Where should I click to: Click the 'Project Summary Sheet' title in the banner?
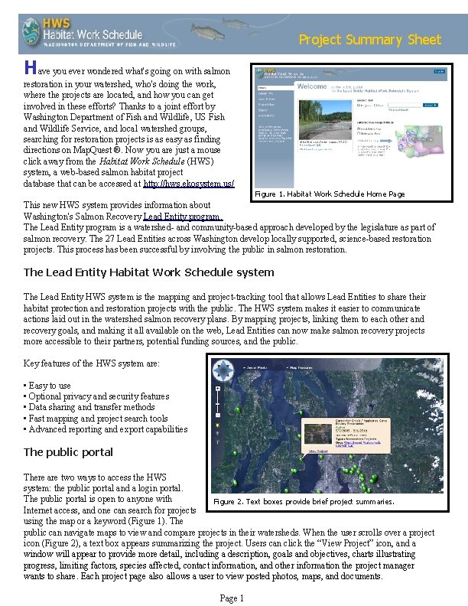(x=369, y=40)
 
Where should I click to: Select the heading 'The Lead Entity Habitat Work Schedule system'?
(x=148, y=272)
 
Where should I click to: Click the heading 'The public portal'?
(x=68, y=452)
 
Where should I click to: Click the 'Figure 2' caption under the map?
(x=304, y=502)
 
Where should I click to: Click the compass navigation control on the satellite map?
(x=223, y=370)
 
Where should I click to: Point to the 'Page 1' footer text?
(x=232, y=598)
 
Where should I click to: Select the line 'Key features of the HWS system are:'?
(x=92, y=363)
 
